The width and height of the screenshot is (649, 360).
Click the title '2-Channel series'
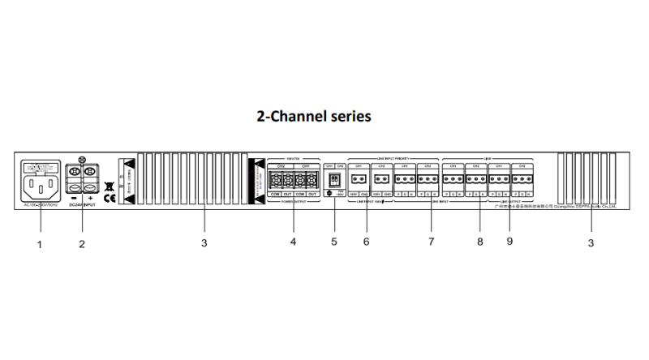coord(314,116)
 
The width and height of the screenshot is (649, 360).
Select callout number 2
coord(81,244)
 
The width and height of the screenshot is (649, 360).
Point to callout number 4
coord(293,242)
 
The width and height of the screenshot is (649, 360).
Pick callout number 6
coord(366,242)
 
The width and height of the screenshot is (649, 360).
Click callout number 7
coord(432,242)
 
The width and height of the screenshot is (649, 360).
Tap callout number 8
coord(479,242)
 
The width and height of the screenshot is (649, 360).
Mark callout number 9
coord(509,242)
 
